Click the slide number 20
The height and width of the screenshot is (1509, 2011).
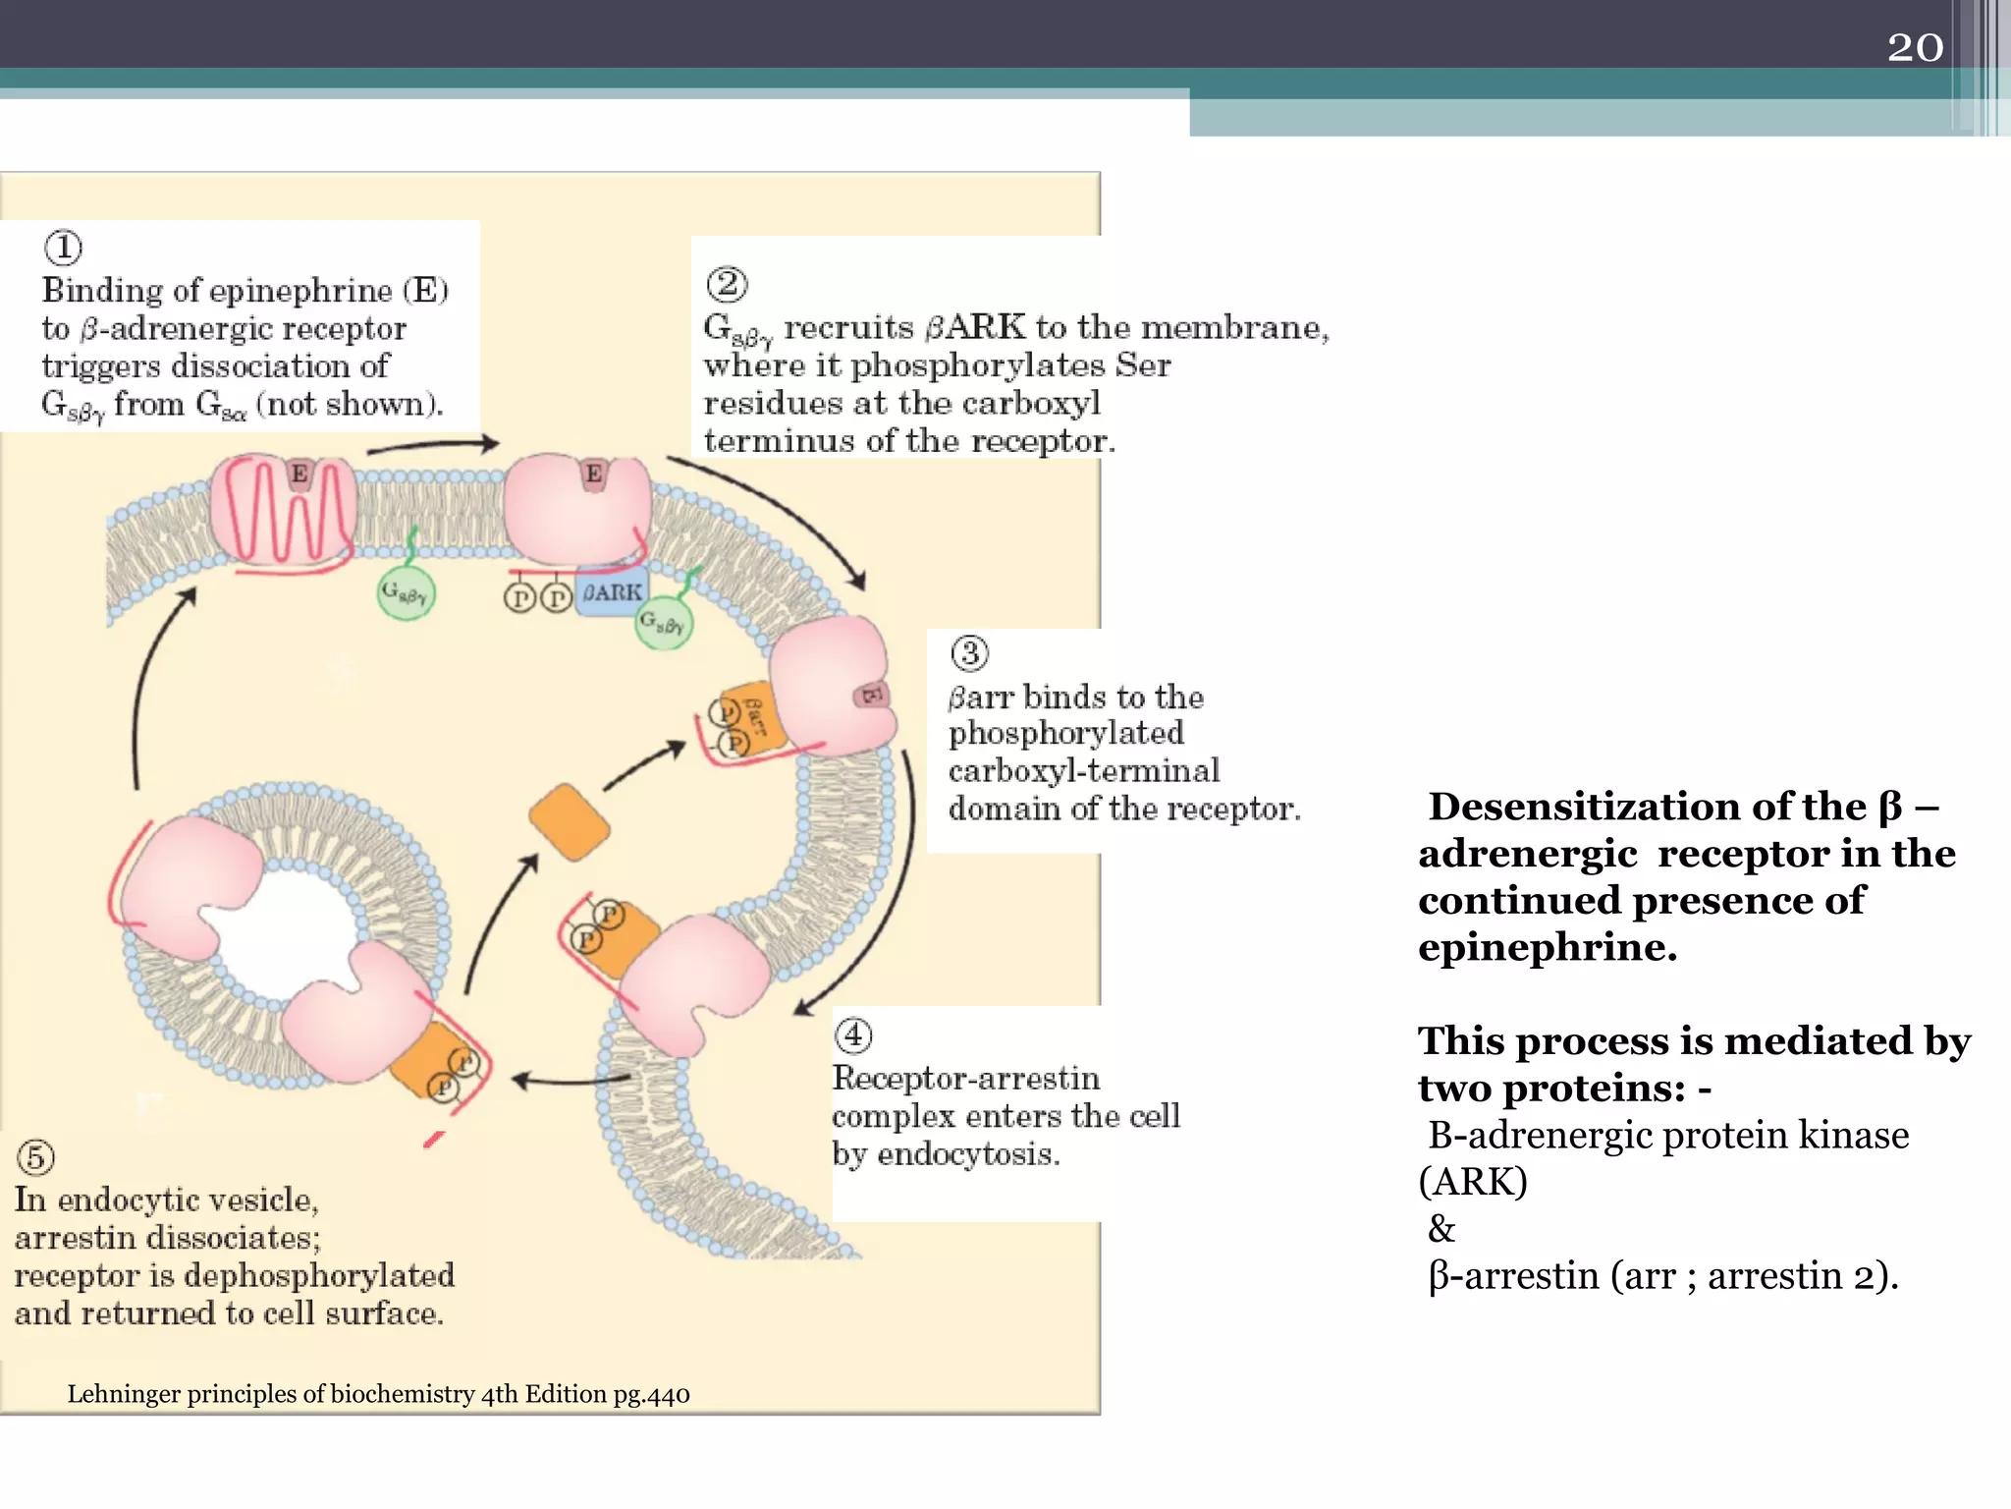point(1915,47)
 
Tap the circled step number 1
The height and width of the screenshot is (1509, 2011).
point(64,248)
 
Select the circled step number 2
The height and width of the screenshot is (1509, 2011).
point(727,285)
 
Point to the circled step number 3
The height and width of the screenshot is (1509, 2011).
point(969,653)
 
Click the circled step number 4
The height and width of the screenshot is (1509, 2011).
point(852,1034)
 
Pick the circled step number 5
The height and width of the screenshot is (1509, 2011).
point(35,1157)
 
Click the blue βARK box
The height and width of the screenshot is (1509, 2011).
point(611,592)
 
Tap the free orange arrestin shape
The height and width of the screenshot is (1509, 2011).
point(569,822)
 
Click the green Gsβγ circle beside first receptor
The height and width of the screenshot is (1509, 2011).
point(405,593)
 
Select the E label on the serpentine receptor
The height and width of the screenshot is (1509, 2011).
point(299,475)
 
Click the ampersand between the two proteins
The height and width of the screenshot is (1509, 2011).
point(1441,1229)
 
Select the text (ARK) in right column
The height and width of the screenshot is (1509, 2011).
point(1473,1182)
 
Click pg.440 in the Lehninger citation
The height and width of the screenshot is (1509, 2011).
point(651,1394)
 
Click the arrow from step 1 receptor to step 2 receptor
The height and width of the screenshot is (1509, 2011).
point(432,447)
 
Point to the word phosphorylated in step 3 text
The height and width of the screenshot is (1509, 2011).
point(1065,733)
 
